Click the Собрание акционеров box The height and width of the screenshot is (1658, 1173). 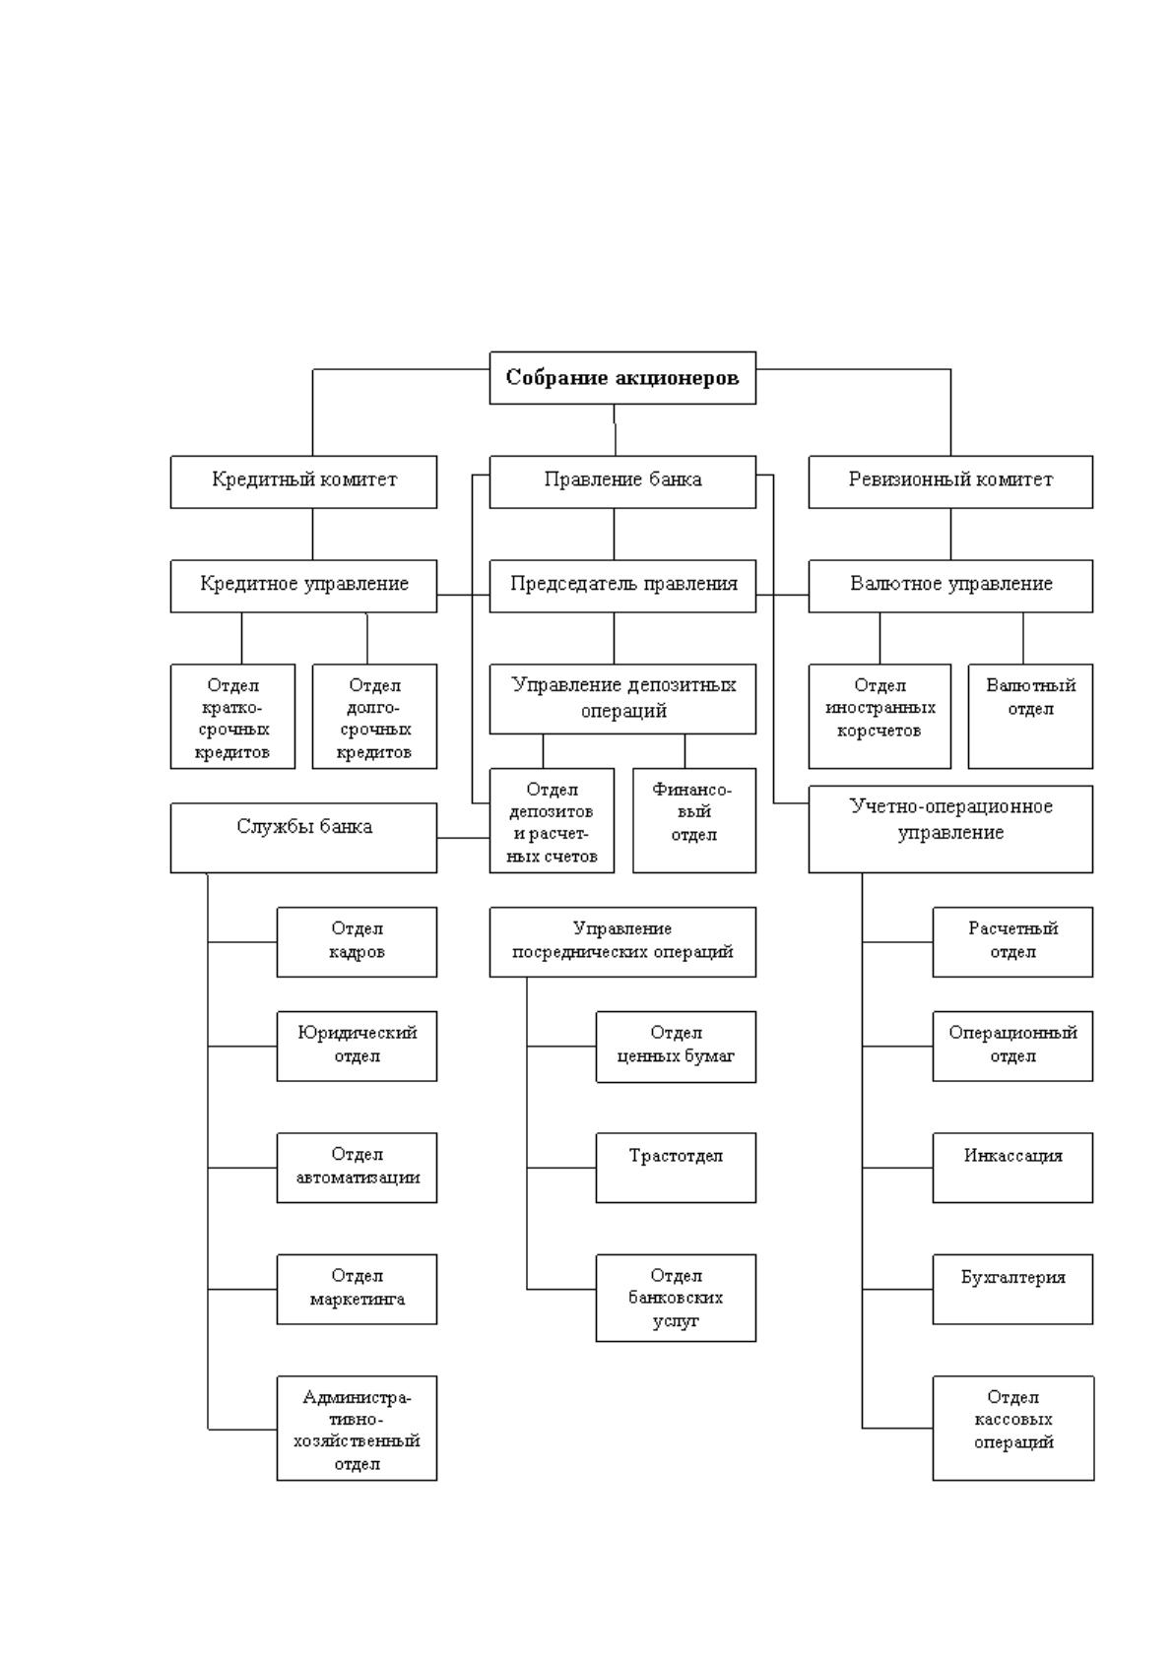[x=622, y=377]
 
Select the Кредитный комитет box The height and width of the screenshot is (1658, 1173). [x=303, y=481]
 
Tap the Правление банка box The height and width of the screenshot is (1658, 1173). [x=622, y=481]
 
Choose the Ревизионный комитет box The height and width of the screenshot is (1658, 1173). [x=950, y=481]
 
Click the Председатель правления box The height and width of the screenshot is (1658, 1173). [x=622, y=586]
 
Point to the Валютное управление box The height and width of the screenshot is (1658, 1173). [x=950, y=586]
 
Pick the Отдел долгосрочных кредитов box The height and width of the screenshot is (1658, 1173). [x=374, y=717]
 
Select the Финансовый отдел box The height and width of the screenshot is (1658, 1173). [x=694, y=821]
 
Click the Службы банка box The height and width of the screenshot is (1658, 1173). [x=303, y=839]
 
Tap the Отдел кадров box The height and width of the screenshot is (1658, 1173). [x=357, y=942]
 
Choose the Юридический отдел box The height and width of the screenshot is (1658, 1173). [x=357, y=1047]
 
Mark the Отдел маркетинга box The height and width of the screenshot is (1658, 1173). [x=357, y=1290]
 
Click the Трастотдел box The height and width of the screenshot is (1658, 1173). [x=676, y=1168]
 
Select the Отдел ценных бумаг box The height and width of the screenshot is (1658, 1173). [x=676, y=1048]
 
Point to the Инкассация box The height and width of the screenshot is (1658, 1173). [x=1012, y=1168]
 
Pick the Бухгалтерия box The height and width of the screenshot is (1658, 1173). [x=1012, y=1290]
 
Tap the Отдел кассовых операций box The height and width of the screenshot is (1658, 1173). [x=1013, y=1429]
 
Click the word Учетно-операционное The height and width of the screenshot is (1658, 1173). [x=950, y=806]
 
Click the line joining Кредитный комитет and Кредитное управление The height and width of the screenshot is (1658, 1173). [x=312, y=535]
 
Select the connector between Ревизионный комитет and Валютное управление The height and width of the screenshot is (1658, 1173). [x=950, y=535]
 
